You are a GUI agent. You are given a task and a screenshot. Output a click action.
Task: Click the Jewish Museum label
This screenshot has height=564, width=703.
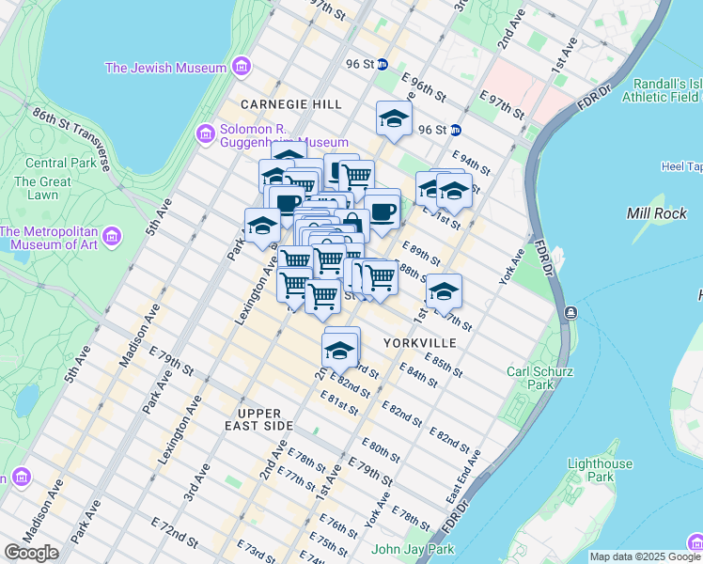(165, 68)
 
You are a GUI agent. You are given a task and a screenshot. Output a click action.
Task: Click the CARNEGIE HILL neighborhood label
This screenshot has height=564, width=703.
(290, 103)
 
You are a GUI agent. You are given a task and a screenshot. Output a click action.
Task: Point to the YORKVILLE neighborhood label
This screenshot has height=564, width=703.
(420, 343)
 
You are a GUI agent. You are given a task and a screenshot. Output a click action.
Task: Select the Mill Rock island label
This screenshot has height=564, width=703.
(658, 213)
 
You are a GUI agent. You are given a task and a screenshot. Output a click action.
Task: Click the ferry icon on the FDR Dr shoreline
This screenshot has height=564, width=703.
(570, 312)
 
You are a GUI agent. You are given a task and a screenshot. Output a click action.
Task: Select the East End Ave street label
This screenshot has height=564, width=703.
(464, 474)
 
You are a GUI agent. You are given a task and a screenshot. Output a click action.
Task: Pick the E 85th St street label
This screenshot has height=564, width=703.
(443, 364)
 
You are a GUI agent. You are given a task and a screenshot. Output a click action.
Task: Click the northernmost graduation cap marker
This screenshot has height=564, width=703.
(394, 117)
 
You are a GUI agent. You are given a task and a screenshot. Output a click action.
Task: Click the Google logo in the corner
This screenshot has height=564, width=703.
(31, 553)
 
